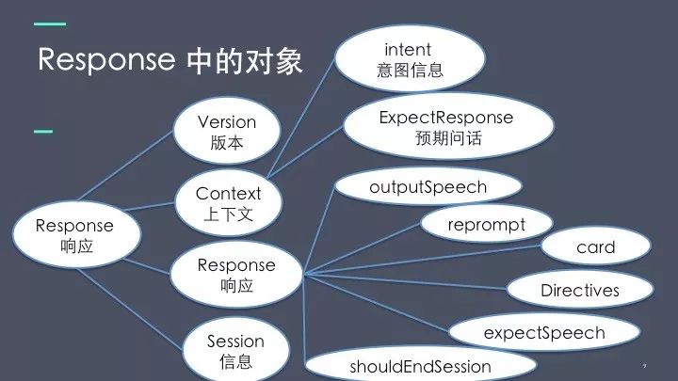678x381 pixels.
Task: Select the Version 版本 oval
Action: click(227, 135)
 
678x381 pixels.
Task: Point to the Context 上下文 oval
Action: click(228, 203)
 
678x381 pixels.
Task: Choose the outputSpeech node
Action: click(428, 186)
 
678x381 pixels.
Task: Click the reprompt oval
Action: click(486, 225)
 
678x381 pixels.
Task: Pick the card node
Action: click(595, 247)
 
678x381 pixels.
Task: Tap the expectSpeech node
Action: click(543, 332)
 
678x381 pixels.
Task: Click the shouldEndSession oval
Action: click(420, 365)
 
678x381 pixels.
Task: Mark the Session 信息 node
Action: click(235, 350)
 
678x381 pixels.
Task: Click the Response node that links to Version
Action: click(73, 236)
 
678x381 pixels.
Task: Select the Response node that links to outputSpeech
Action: click(236, 275)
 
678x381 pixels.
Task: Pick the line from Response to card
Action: click(424, 261)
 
